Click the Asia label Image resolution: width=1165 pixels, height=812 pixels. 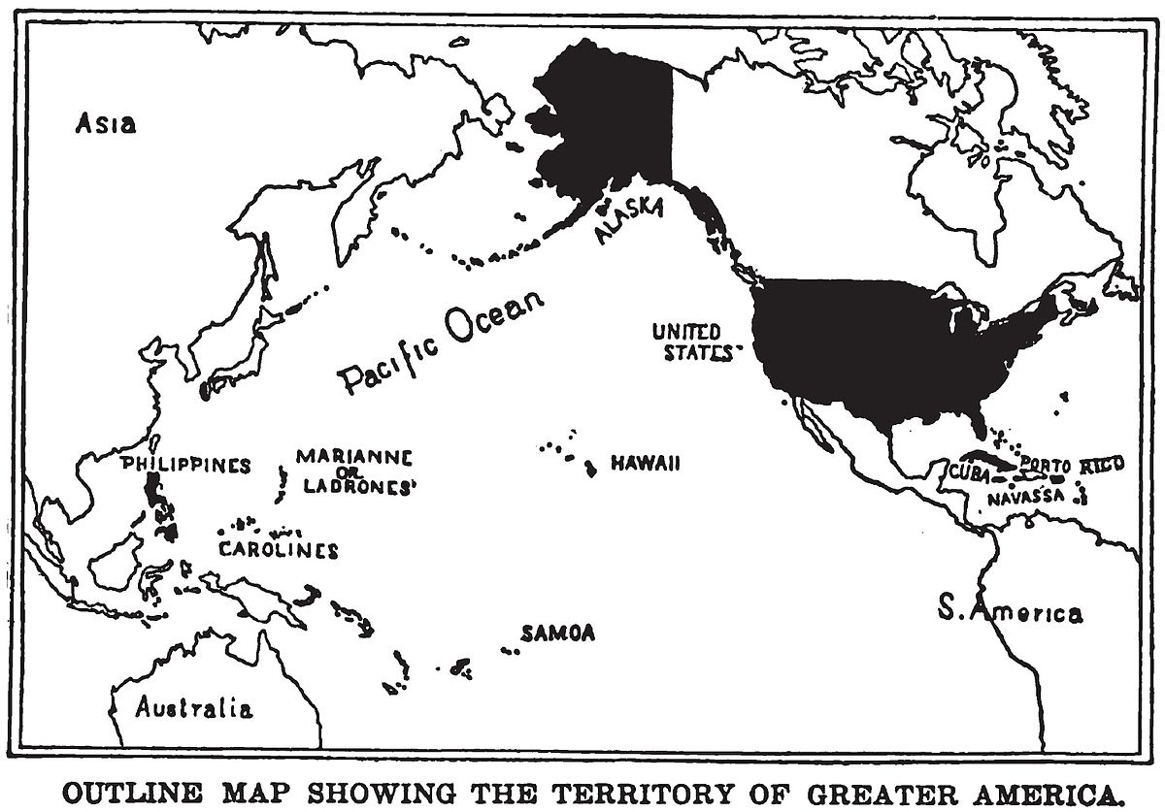click(107, 124)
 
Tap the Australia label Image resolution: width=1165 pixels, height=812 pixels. click(194, 707)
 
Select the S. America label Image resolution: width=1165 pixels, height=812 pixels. click(1010, 611)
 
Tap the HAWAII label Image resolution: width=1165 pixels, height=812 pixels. click(645, 465)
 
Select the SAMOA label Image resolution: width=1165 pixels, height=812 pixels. click(557, 633)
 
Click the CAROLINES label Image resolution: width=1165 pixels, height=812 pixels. click(278, 550)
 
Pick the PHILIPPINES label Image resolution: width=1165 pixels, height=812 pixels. click(185, 465)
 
